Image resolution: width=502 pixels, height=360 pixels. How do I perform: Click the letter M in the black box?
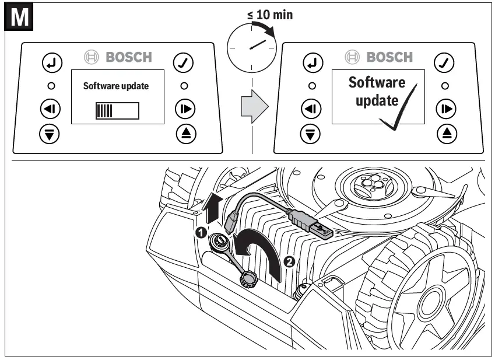pos(20,17)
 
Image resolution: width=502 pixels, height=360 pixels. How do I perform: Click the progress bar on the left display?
pos(117,110)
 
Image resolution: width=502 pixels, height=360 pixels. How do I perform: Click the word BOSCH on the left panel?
pos(128,57)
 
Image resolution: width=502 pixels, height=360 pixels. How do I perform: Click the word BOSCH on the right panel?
pos(389,57)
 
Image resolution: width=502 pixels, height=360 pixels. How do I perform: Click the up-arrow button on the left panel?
pos(185,133)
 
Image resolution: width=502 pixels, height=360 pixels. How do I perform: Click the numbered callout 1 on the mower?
pos(200,232)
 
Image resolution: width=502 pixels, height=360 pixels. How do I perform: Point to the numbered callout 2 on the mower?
pos(287,261)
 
